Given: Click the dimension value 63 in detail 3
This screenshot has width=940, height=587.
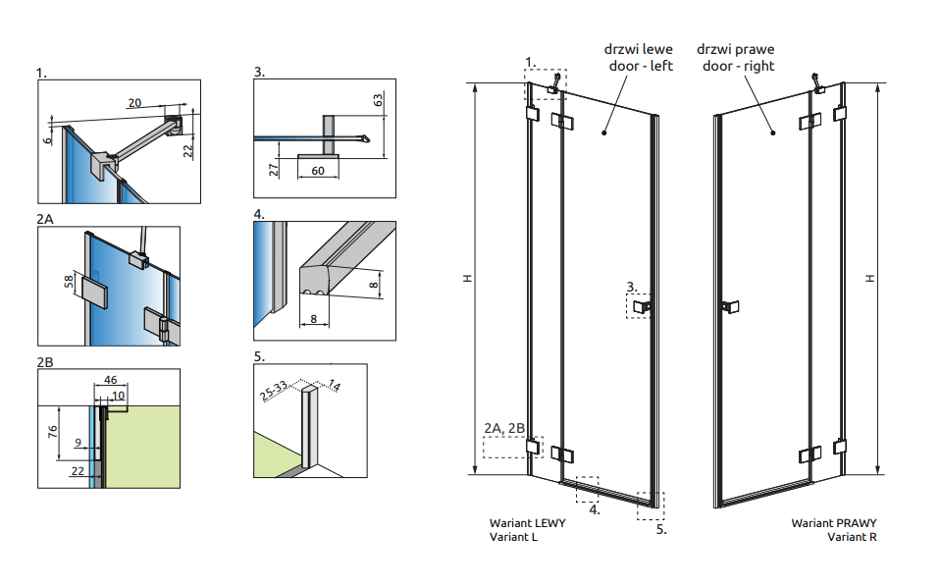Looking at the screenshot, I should [378, 100].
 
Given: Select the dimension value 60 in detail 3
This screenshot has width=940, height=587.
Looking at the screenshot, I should [318, 171].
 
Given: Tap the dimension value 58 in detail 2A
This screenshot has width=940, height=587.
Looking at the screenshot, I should [69, 284].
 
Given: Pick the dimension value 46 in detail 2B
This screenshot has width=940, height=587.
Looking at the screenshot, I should [110, 379].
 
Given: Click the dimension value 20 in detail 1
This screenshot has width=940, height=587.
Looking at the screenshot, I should [135, 102].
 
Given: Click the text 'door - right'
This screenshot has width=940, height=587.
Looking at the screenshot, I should [735, 66].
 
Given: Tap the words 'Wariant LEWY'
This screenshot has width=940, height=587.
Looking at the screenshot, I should [527, 523].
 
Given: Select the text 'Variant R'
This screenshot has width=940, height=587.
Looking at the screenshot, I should [851, 537].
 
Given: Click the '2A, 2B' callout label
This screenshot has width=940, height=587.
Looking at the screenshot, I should [505, 428].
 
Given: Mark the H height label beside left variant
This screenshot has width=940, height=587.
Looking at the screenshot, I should [468, 279].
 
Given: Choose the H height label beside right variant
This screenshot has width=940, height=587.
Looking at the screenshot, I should [869, 279].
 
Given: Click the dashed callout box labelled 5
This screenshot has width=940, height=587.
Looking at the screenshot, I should [650, 505].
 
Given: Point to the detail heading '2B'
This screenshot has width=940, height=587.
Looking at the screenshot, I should [45, 362].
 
